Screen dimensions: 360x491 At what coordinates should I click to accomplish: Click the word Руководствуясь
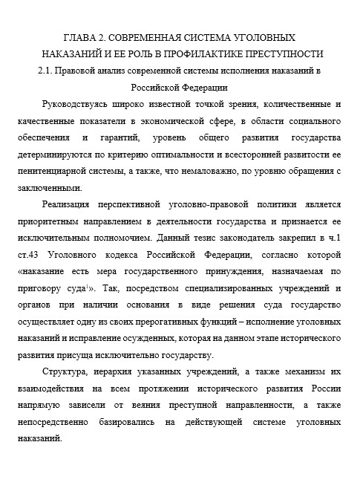[81, 105]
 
